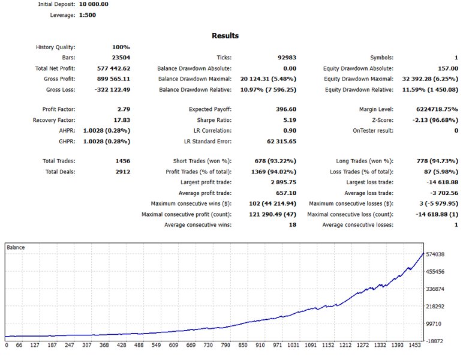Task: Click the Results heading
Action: (225, 36)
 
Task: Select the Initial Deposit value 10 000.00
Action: (89, 4)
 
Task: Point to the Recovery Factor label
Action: (55, 121)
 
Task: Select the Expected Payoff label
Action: (210, 110)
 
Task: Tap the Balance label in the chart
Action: (16, 247)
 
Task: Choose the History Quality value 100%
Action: (121, 47)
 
